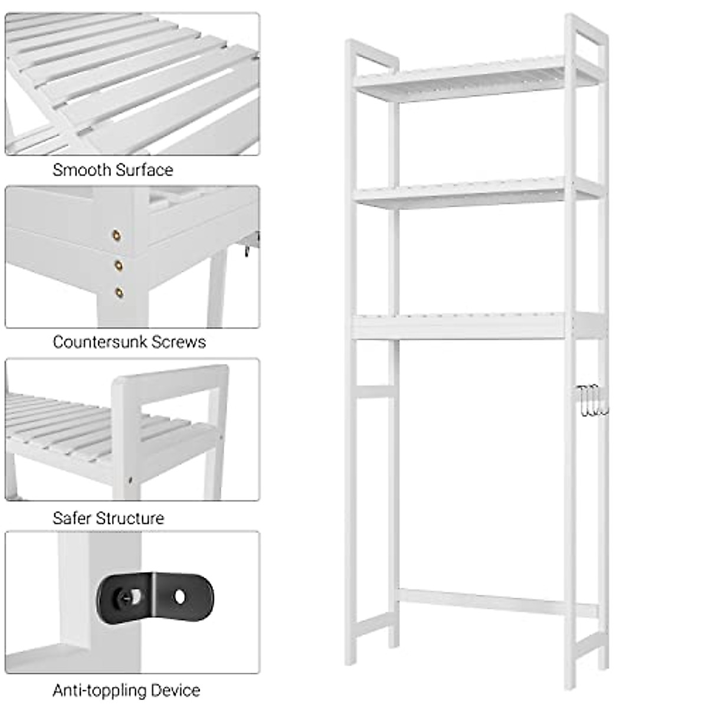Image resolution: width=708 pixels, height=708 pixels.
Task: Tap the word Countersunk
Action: (100, 342)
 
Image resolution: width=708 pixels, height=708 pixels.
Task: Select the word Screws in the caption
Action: (179, 342)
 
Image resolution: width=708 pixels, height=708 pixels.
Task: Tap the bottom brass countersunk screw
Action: (120, 292)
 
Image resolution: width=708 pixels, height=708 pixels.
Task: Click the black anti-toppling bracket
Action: (155, 598)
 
